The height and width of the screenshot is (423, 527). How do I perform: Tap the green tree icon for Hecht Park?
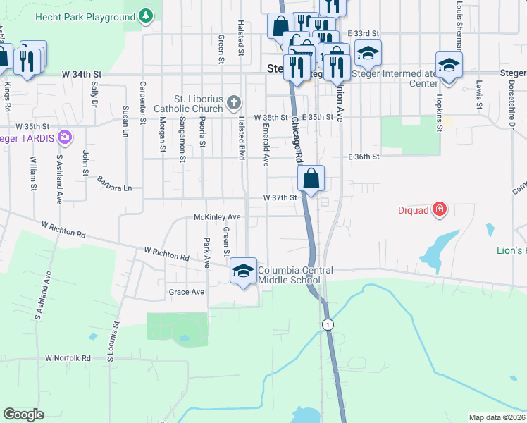(146, 16)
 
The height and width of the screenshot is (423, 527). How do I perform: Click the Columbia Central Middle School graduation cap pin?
(243, 271)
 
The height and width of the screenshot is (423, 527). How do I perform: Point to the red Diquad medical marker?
(440, 209)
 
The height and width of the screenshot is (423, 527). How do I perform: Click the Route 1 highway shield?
(327, 324)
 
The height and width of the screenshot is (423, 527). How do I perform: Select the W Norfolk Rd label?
(68, 358)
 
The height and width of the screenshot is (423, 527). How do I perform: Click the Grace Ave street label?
(186, 291)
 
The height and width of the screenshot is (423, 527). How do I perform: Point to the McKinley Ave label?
(218, 217)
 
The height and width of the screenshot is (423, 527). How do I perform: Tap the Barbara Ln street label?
(115, 184)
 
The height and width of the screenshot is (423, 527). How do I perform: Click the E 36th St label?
(364, 157)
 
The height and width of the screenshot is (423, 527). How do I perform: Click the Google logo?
(23, 415)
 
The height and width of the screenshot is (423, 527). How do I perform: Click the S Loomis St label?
(111, 342)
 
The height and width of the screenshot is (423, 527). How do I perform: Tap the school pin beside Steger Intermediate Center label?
(449, 66)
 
